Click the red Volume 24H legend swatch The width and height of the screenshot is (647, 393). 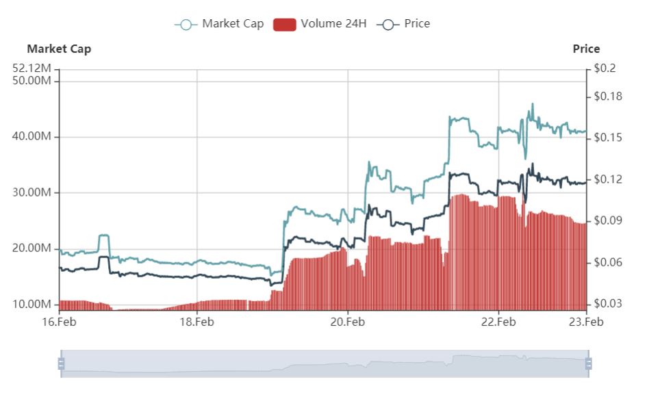pyautogui.click(x=284, y=25)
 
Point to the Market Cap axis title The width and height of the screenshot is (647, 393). pyautogui.click(x=59, y=49)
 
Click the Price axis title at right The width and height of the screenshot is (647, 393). pyautogui.click(x=586, y=49)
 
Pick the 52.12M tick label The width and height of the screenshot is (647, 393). pyautogui.click(x=32, y=68)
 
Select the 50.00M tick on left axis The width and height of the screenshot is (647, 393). pyautogui.click(x=32, y=81)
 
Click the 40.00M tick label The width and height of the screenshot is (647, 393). pyautogui.click(x=32, y=137)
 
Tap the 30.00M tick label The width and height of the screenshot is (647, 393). pyautogui.click(x=32, y=192)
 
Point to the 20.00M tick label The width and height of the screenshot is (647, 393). pyautogui.click(x=32, y=248)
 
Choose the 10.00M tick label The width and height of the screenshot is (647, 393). pyautogui.click(x=32, y=304)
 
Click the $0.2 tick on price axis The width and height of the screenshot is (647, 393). pyautogui.click(x=605, y=68)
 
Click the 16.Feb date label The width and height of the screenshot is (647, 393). pyautogui.click(x=60, y=321)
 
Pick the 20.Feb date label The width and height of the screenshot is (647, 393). pyautogui.click(x=348, y=321)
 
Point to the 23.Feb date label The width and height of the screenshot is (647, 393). pyautogui.click(x=586, y=321)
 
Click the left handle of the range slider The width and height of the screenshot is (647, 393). pyautogui.click(x=61, y=364)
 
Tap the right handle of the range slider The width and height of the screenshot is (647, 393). pyautogui.click(x=588, y=364)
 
